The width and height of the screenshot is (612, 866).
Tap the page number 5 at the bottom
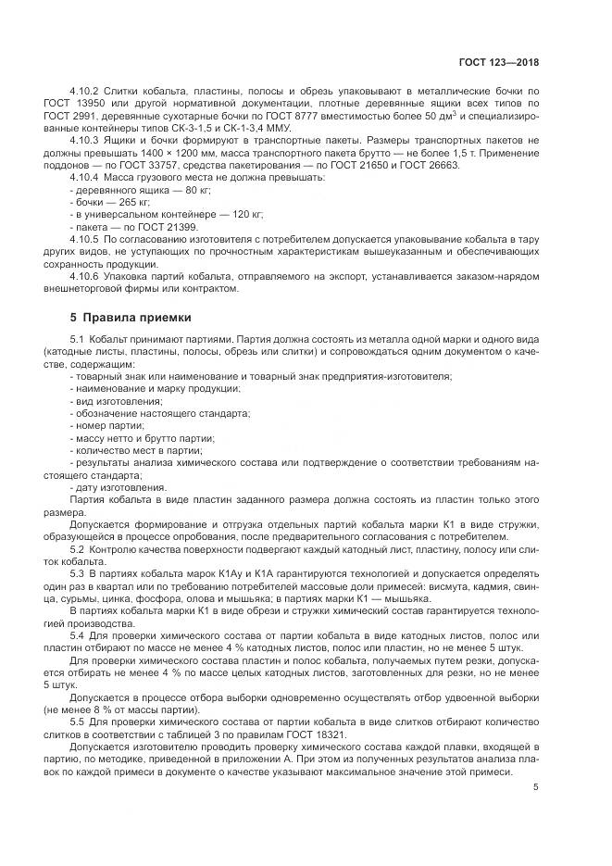[535, 788]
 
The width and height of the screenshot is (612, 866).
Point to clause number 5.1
[77, 340]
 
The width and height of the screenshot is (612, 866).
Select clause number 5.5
[77, 719]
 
